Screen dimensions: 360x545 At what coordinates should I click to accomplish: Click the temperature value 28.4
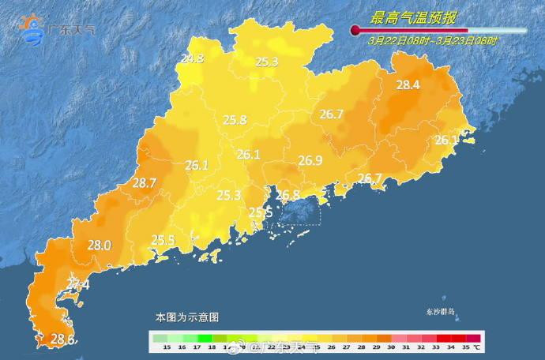[408, 85]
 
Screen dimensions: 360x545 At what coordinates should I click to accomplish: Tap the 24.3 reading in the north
[192, 58]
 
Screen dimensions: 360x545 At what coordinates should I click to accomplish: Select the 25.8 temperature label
[235, 120]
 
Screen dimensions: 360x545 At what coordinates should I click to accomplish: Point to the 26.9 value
[310, 160]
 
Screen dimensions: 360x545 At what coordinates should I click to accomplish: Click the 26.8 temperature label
[287, 195]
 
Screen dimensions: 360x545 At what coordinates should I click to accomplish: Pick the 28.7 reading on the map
[145, 182]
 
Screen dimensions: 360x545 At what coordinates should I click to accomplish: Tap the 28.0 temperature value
[99, 246]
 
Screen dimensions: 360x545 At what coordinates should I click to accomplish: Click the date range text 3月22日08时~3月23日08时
[433, 39]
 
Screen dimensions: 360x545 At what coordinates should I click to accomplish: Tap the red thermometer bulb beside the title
[355, 30]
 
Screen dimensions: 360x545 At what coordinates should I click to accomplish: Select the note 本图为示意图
[186, 317]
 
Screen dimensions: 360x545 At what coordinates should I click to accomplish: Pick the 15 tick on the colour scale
[167, 347]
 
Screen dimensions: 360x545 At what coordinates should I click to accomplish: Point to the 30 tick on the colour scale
[389, 347]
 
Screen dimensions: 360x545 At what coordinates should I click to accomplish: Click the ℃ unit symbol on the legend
[476, 347]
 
